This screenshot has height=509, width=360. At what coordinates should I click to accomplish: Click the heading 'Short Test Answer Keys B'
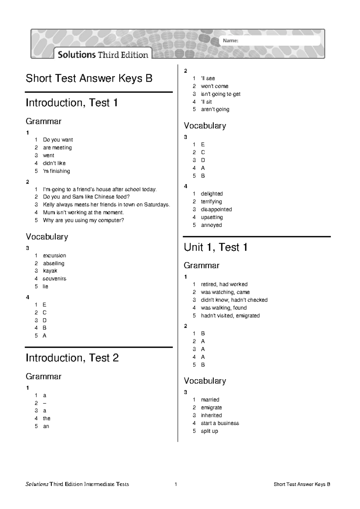pos(89,78)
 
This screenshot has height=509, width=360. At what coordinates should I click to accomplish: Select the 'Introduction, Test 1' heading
pos(72,103)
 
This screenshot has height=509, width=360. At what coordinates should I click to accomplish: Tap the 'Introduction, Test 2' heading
pos(72,358)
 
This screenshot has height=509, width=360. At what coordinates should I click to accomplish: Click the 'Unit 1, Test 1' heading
pos(216,247)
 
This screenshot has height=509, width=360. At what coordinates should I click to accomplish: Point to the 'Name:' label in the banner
pos(230,41)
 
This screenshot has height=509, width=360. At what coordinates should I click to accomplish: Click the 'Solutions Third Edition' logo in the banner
pos(103,55)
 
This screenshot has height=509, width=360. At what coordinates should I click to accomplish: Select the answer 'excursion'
pos(54,256)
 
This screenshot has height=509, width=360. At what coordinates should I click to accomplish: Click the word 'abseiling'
pos(53,264)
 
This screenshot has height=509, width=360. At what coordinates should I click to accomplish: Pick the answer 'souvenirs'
pos(54,279)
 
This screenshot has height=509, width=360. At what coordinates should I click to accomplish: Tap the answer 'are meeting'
pos(57,148)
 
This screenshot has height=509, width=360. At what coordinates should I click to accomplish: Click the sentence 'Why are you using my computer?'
pos(83,220)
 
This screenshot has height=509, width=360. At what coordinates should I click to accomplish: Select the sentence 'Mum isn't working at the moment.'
pos(83,212)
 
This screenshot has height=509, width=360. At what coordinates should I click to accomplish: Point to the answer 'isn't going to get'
pos(220,94)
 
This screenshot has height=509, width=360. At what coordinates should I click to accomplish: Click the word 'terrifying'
pos(211,202)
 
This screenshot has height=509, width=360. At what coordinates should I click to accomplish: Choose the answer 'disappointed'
pos(216,209)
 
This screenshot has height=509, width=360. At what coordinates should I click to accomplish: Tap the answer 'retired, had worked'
pos(224,284)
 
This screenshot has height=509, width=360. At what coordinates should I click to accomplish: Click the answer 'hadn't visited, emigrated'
pos(230,315)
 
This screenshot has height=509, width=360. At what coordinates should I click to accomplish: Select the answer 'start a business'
pos(220,423)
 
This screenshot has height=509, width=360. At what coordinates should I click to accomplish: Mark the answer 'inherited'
pos(211,415)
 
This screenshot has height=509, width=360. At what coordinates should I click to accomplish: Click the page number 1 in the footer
pos(176,484)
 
